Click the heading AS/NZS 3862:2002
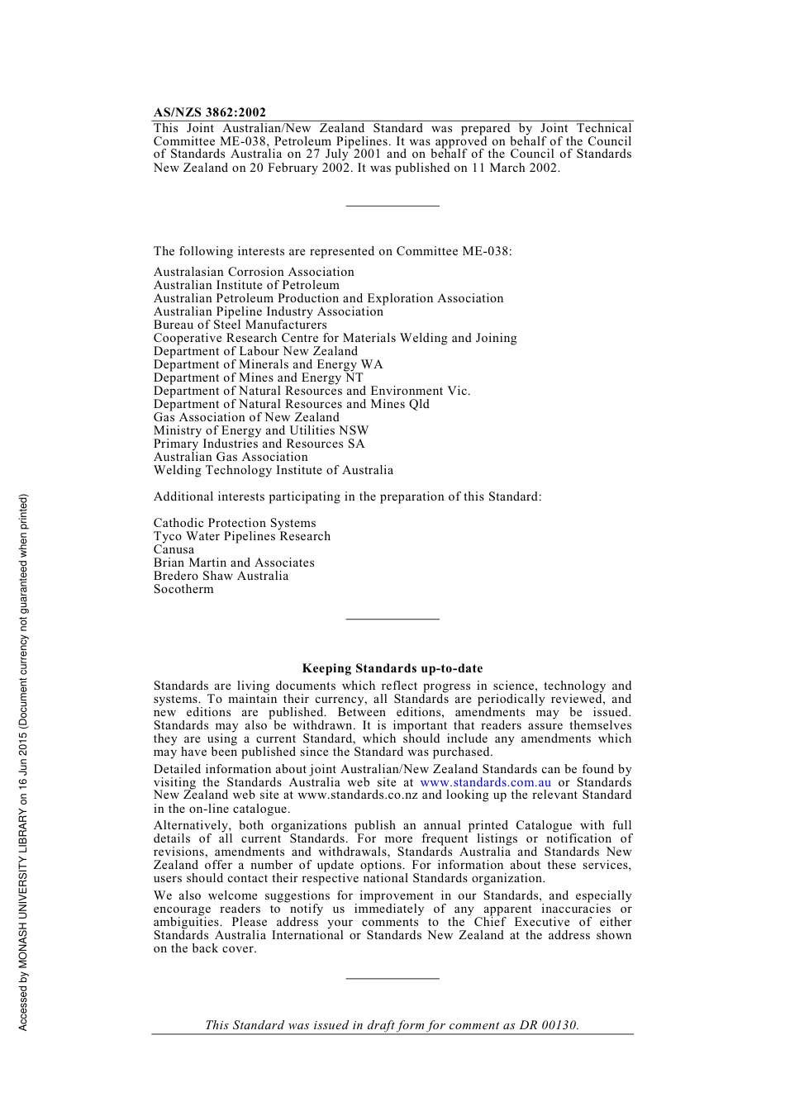click(x=210, y=112)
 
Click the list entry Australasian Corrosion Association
click(x=254, y=272)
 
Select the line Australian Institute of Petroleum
click(x=246, y=285)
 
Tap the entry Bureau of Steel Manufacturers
click(x=240, y=325)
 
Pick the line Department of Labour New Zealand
click(x=255, y=351)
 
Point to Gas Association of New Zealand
click(x=246, y=417)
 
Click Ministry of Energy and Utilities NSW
click(x=261, y=430)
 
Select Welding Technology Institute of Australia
click(x=274, y=470)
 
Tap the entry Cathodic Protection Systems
click(x=235, y=523)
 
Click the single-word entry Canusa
click(x=174, y=549)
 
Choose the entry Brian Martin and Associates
click(x=234, y=563)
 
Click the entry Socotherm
click(x=183, y=589)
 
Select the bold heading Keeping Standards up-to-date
click(x=392, y=668)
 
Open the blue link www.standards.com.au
click(x=485, y=782)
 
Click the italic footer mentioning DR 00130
click(x=392, y=1025)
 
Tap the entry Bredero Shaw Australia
click(x=221, y=576)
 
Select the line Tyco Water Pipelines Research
click(x=242, y=536)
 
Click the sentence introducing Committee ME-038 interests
click(x=332, y=251)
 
